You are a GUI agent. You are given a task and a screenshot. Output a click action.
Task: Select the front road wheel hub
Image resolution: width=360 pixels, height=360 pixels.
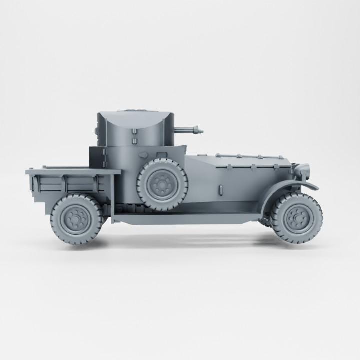pyautogui.click(x=297, y=219)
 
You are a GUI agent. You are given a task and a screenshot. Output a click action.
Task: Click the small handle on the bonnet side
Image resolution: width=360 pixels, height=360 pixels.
pyautogui.click(x=220, y=190)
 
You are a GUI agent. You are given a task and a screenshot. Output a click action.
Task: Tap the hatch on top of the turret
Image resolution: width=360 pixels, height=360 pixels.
pyautogui.click(x=134, y=109)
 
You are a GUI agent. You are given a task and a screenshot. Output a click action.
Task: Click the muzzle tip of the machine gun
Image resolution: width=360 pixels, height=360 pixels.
pyautogui.click(x=201, y=131)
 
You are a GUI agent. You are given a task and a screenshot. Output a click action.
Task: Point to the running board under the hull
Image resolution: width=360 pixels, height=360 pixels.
pyautogui.click(x=190, y=217)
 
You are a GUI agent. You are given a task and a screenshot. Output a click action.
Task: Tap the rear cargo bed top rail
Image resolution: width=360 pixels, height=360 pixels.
pyautogui.click(x=73, y=171)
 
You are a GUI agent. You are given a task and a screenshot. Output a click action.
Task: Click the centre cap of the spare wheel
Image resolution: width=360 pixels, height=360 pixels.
pyautogui.click(x=161, y=186)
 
